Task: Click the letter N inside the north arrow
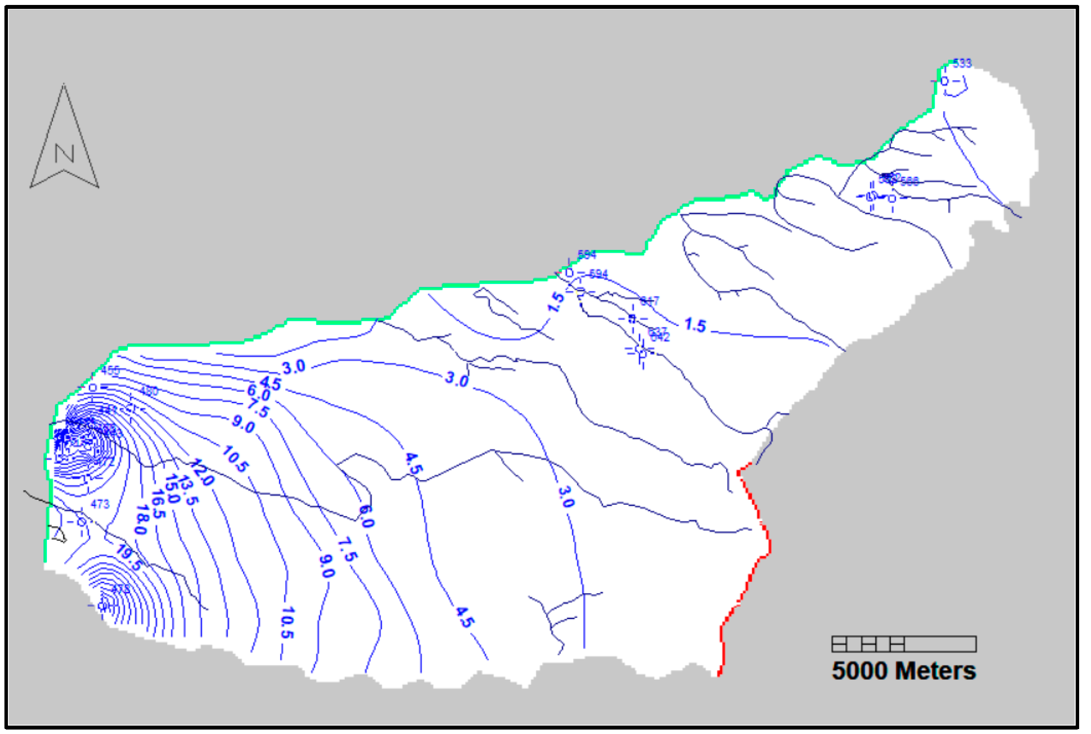[x=64, y=154]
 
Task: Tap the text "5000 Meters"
[x=904, y=671]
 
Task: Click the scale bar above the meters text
[x=904, y=644]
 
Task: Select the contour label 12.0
[x=202, y=473]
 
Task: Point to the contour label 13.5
[x=188, y=490]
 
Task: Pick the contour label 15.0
[x=172, y=489]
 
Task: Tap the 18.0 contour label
[x=141, y=520]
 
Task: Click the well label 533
[x=962, y=63]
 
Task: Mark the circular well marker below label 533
[x=945, y=81]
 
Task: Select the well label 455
[x=110, y=370]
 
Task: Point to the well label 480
[x=149, y=391]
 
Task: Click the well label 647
[x=649, y=300]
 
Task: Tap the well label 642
[x=660, y=337]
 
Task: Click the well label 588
[x=909, y=182]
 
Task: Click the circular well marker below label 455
[x=93, y=387]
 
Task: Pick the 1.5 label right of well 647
[x=695, y=325]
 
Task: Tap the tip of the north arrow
[x=64, y=85]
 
